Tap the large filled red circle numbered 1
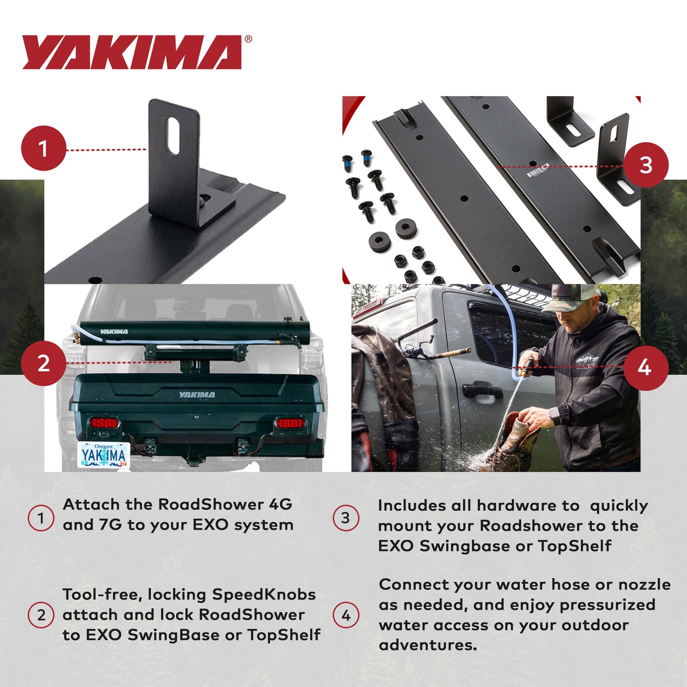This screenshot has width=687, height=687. (43, 148)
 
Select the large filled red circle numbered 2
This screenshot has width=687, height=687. (43, 363)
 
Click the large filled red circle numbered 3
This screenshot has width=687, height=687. (646, 165)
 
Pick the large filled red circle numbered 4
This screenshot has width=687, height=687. (645, 368)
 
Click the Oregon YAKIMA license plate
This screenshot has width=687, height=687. (104, 455)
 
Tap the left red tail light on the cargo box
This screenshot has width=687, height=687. (104, 422)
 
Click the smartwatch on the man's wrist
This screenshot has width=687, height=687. (555, 416)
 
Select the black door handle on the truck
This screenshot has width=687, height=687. (482, 392)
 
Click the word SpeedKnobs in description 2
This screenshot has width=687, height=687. (263, 594)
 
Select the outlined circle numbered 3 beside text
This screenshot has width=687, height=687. (346, 518)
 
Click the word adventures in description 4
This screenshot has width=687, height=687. (427, 645)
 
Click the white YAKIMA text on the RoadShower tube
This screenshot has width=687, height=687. (114, 331)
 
